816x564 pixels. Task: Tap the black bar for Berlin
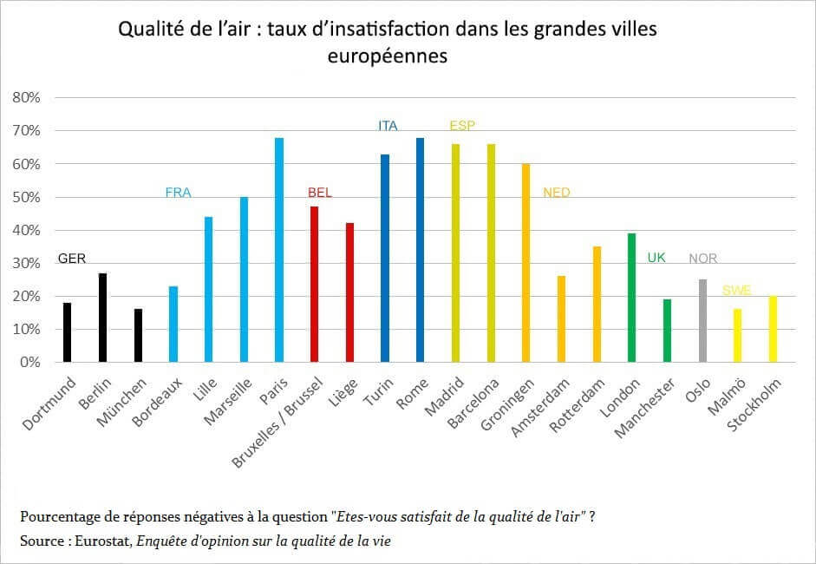[102, 318]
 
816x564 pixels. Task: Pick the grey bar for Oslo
[702, 321]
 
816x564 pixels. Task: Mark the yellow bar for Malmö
[738, 336]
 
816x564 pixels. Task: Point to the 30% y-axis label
[27, 264]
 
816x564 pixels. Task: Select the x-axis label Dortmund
[48, 407]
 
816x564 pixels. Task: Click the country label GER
[72, 259]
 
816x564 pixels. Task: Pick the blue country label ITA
[388, 126]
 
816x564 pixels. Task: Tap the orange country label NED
[557, 193]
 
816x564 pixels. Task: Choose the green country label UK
[656, 258]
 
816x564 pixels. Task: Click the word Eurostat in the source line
[89, 541]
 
